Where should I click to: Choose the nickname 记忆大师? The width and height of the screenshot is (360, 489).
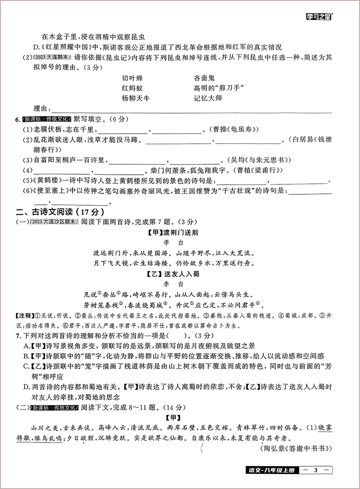207,98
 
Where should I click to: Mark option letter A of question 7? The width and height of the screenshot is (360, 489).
27,346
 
